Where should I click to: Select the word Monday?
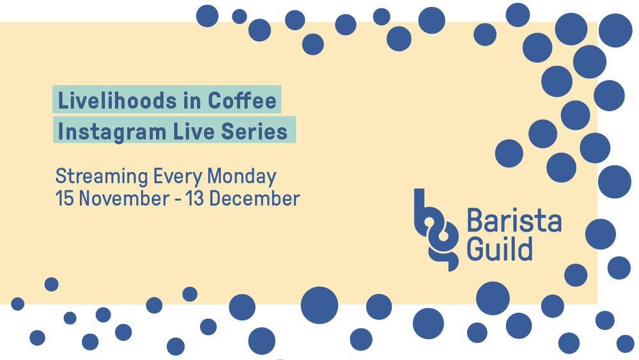241,176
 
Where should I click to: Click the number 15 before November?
64,198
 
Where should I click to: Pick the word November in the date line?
121,198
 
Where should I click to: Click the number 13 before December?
195,198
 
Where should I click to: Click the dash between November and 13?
176,199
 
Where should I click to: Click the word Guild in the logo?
500,248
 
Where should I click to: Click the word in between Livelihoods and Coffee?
194,100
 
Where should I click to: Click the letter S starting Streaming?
61,176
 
